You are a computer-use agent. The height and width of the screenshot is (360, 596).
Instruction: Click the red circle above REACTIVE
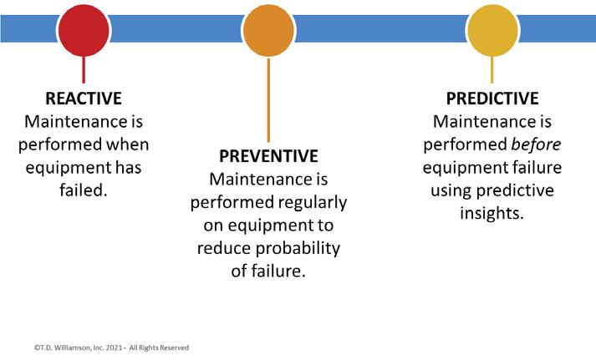pos(84,30)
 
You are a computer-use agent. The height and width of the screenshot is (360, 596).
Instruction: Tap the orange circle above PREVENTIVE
pos(268,30)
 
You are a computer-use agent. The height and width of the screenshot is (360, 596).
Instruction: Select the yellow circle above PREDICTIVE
pos(492,30)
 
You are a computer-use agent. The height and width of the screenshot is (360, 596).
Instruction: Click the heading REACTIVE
pos(84,99)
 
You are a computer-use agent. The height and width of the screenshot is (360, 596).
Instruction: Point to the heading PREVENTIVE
pos(268,156)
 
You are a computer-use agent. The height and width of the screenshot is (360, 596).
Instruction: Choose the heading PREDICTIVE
pos(492,99)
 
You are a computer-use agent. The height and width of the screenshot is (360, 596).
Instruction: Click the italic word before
pos(536,145)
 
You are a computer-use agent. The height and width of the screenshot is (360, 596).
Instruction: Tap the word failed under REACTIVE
pos(84,190)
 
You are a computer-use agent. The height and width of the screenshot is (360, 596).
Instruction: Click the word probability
pos(298,249)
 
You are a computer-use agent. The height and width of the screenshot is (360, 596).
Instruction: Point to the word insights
pos(492,213)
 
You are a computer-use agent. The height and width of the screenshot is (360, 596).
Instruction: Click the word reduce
pos(224,248)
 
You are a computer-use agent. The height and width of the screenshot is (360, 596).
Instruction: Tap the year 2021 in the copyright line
pos(114,347)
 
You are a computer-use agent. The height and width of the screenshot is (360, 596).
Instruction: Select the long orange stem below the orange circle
pos(268,100)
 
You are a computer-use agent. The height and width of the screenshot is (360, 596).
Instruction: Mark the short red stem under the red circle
pos(84,70)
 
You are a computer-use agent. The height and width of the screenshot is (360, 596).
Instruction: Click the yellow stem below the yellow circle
pos(492,70)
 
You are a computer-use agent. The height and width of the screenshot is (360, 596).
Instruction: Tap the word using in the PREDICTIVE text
pos(451,191)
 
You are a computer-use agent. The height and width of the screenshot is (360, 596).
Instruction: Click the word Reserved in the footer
pos(175,347)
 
